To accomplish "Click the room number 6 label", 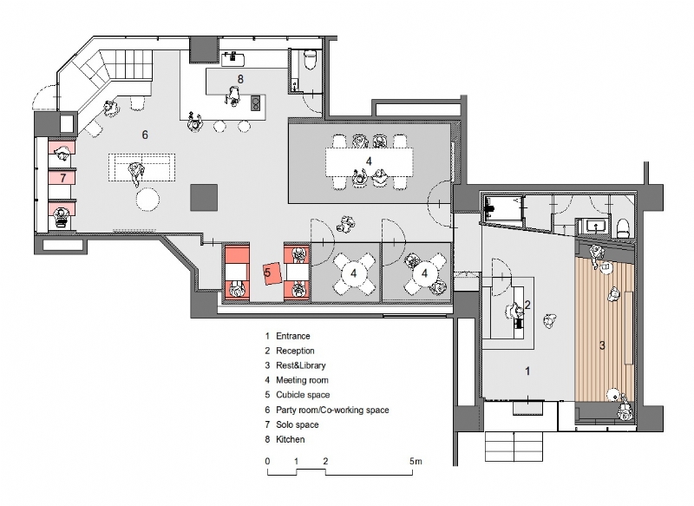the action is pos(145,135).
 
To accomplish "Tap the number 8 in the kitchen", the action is pos(240,79).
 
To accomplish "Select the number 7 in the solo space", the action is pos(62,178).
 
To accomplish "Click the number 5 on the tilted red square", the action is pos(267,273).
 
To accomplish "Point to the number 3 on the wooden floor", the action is pos(602,345).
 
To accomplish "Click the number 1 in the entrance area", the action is pos(527,371).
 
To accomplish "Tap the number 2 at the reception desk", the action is pos(527,305).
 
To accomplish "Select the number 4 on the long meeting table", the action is pos(369,161).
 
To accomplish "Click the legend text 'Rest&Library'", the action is pos(300,365).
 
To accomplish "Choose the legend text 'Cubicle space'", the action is pos(303,394).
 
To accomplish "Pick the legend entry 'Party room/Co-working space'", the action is pos(332,410).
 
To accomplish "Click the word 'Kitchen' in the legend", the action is pos(291,439).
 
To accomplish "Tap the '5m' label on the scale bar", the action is pos(416,461).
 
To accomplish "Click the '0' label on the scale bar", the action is pos(267,461).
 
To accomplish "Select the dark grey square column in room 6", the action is pos(204,197).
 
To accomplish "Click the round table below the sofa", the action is pos(147,200).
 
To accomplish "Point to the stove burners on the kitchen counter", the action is pos(256,102).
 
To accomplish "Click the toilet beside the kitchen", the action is pos(311,59).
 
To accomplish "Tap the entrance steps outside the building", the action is pos(514,447).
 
